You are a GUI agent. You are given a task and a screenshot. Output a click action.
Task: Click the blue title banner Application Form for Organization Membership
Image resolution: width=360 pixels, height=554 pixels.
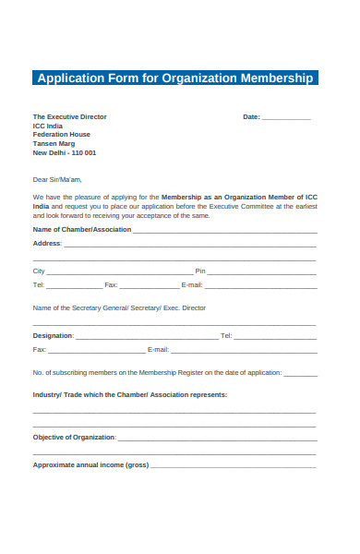(175, 78)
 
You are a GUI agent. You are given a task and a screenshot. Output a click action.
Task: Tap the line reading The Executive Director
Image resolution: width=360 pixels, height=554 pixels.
(70, 117)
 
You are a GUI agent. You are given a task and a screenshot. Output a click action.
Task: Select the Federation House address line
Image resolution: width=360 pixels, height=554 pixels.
(62, 135)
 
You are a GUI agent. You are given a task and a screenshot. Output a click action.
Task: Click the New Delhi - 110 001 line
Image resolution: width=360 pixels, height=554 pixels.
(65, 153)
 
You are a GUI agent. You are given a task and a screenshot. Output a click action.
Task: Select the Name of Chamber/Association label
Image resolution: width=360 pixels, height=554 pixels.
(82, 229)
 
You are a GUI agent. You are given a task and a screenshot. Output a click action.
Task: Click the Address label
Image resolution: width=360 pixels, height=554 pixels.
(47, 243)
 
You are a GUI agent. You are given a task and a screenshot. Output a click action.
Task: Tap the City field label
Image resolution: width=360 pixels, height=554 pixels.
(39, 271)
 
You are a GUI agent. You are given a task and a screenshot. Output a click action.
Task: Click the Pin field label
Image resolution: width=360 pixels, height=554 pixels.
(199, 271)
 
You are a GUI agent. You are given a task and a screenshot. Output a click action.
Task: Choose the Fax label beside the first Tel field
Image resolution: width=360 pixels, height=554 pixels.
(111, 285)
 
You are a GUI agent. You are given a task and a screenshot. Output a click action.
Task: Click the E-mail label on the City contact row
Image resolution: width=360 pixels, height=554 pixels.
(192, 285)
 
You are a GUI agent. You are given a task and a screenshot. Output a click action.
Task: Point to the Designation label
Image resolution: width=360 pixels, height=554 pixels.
(53, 336)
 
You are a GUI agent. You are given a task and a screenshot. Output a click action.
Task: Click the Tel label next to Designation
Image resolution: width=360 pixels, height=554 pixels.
(226, 336)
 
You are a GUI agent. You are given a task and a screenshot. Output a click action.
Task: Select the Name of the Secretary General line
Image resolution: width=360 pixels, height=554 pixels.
(119, 307)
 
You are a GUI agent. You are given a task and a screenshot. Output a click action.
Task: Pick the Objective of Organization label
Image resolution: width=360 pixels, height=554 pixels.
(74, 437)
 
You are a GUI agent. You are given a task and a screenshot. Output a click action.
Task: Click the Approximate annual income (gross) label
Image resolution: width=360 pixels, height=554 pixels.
(90, 464)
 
